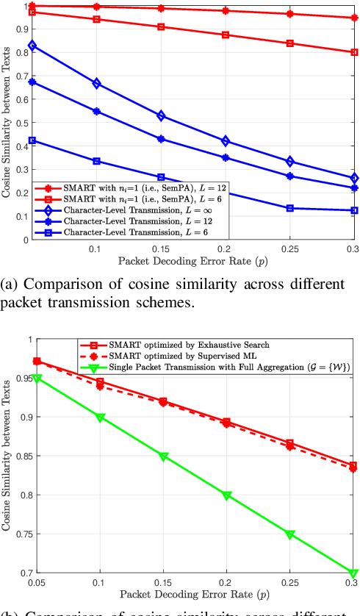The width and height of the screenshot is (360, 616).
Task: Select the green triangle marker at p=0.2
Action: (x=226, y=495)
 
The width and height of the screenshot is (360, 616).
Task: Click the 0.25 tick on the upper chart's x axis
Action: (x=289, y=250)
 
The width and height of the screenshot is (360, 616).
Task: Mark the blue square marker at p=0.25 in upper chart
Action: (x=289, y=208)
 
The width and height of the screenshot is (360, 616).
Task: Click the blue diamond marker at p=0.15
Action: (x=162, y=116)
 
